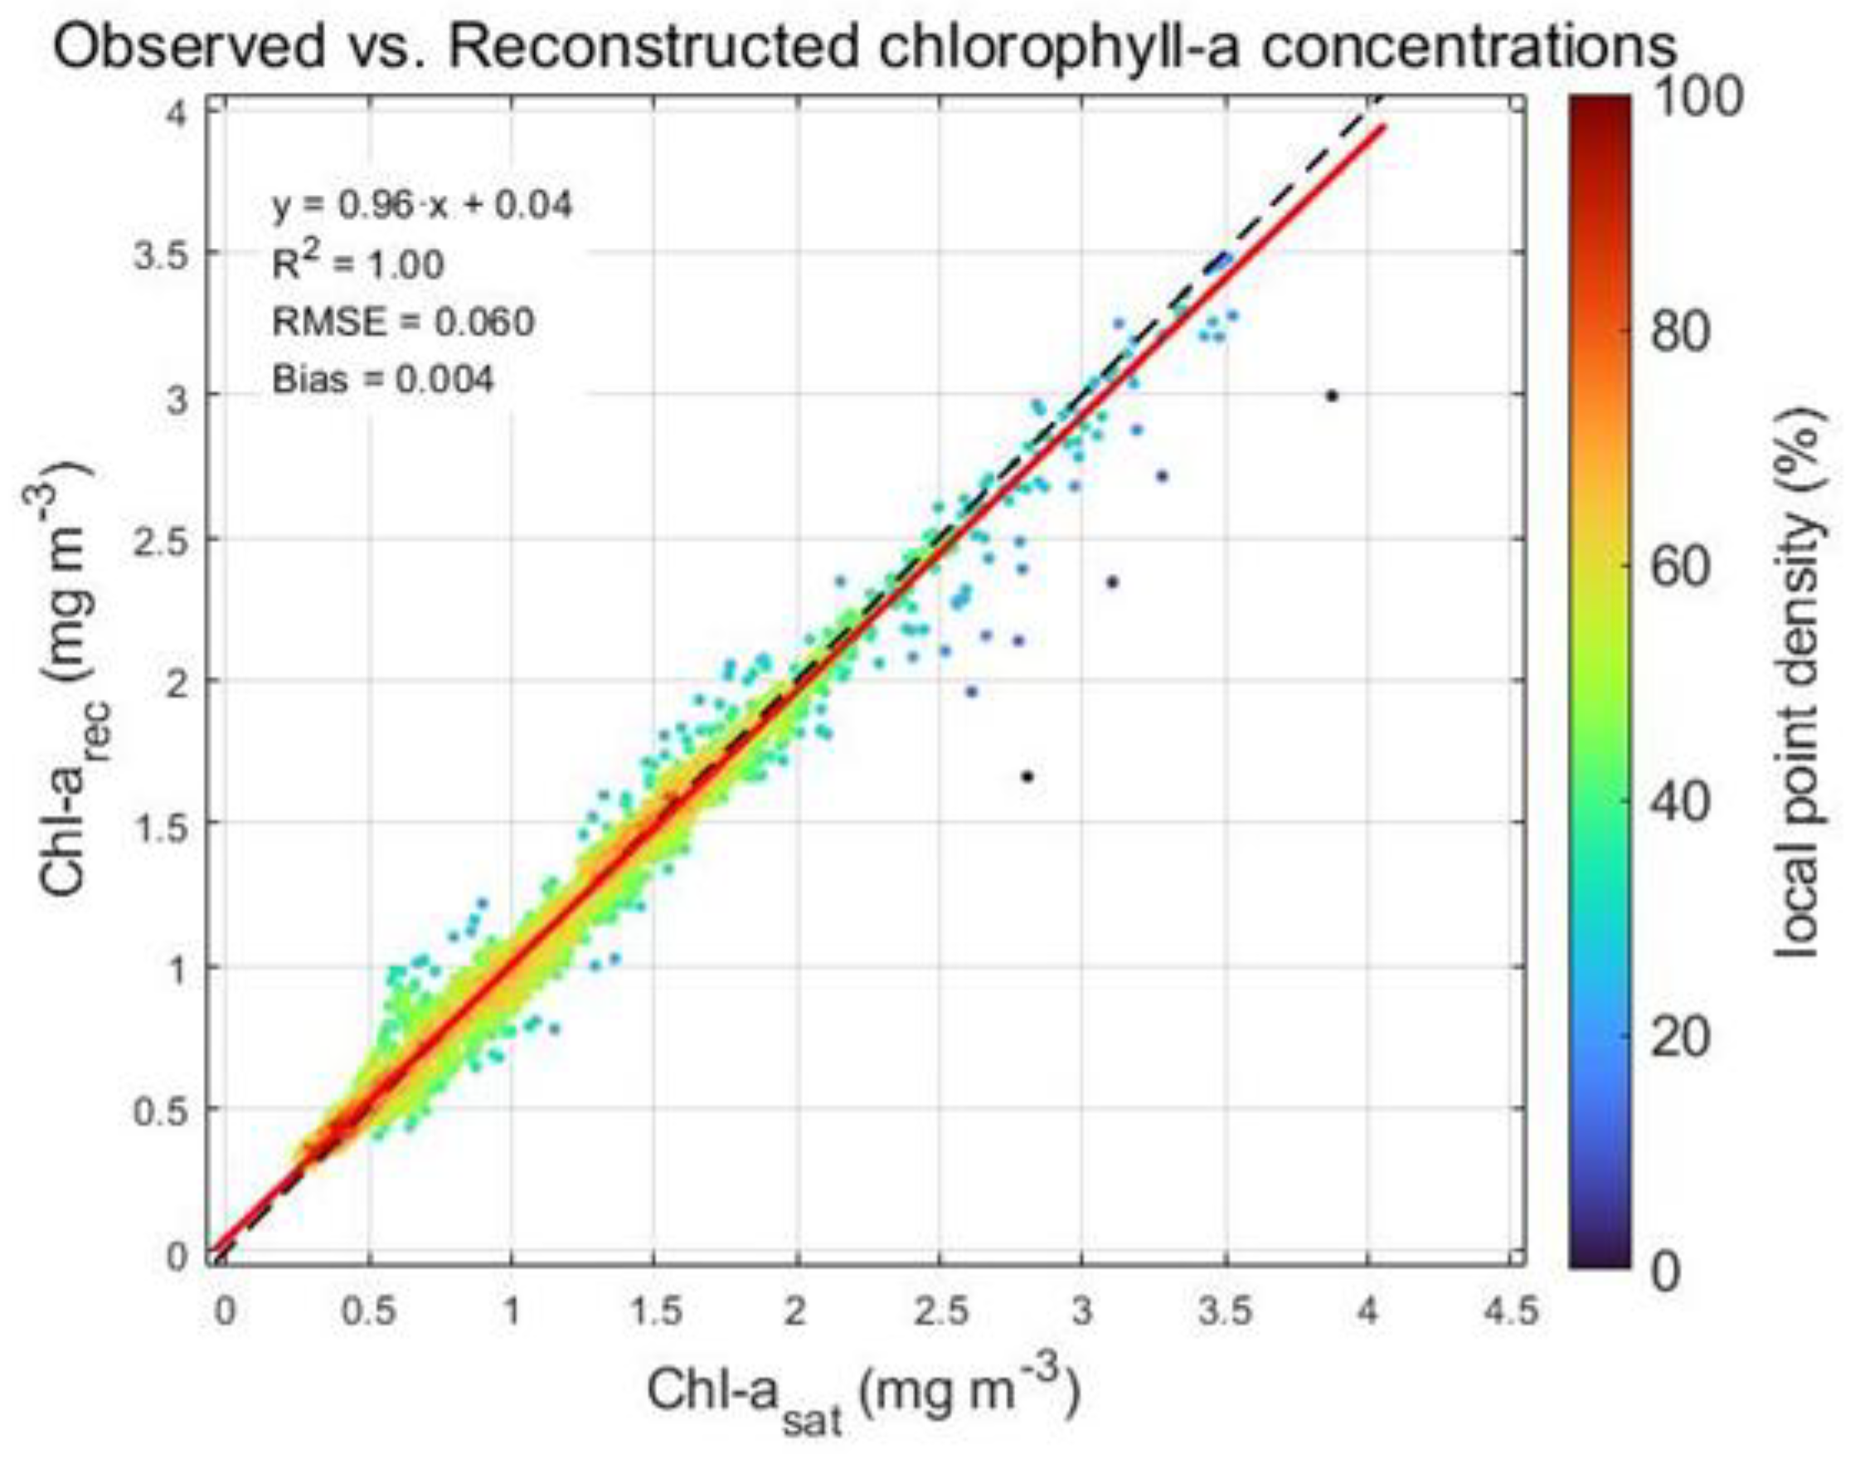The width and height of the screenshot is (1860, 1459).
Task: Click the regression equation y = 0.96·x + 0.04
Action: click(x=422, y=206)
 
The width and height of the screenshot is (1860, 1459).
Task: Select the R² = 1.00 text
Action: click(x=358, y=264)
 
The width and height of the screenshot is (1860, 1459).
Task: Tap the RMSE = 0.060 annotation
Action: click(x=403, y=322)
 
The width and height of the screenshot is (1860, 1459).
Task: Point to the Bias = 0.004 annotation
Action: click(x=382, y=379)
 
